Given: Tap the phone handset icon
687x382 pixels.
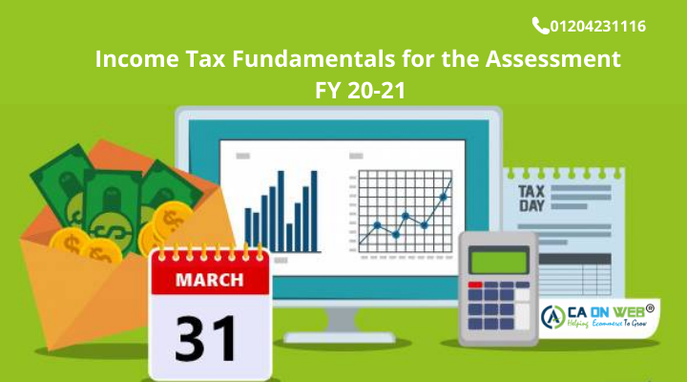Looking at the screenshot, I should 540,26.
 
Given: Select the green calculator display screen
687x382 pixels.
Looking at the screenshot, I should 496,259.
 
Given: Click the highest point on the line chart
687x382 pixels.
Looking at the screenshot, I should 448,181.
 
